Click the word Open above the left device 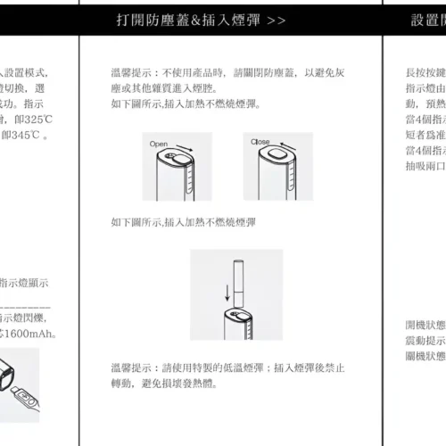pyautogui.click(x=159, y=144)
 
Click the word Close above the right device pyautogui.click(x=260, y=143)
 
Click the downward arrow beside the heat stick pyautogui.click(x=227, y=293)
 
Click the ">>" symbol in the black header pyautogui.click(x=277, y=20)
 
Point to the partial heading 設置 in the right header pyautogui.click(x=426, y=20)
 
